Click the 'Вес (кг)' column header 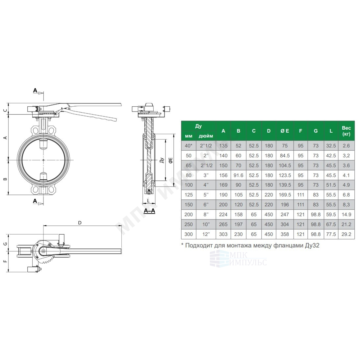point(346,131)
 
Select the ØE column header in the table point(285,131)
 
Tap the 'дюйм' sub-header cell point(206,136)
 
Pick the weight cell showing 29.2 point(346,234)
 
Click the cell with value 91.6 point(238,175)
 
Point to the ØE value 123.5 point(285,175)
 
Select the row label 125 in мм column point(189,195)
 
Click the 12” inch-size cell point(206,234)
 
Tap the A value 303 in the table point(223,234)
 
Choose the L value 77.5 point(331,234)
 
